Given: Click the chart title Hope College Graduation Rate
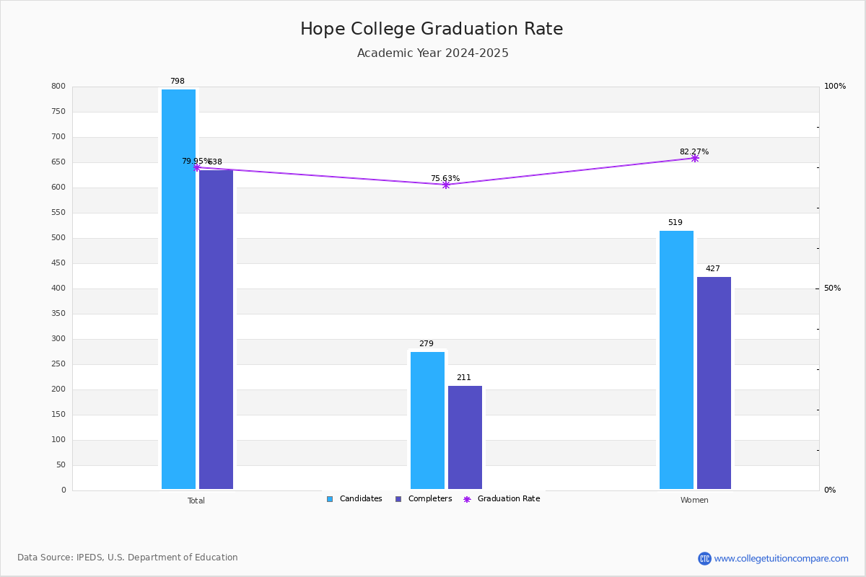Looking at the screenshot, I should pos(432,29).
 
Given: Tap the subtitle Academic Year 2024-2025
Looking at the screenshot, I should pos(432,53).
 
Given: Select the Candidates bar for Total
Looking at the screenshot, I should pos(178,288).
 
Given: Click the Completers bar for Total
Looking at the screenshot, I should pos(216,329).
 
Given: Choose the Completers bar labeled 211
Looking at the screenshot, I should pos(465,437).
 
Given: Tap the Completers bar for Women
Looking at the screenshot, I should pos(714,382).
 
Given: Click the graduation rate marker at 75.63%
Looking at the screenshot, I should pos(446,185).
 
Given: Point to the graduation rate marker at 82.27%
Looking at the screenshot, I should pos(695,158).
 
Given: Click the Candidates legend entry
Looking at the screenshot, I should pos(354,499).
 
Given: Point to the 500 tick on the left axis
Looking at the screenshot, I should pos(58,238).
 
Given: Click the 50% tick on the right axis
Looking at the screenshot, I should pos(832,288).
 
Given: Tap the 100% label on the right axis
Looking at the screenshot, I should pos(834,87).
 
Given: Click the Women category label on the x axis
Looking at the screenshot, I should pos(694,501).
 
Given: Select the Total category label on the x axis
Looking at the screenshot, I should pos(196,501).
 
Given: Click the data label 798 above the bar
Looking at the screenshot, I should pos(177,82).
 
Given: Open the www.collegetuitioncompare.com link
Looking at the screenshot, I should pos(781,558).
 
